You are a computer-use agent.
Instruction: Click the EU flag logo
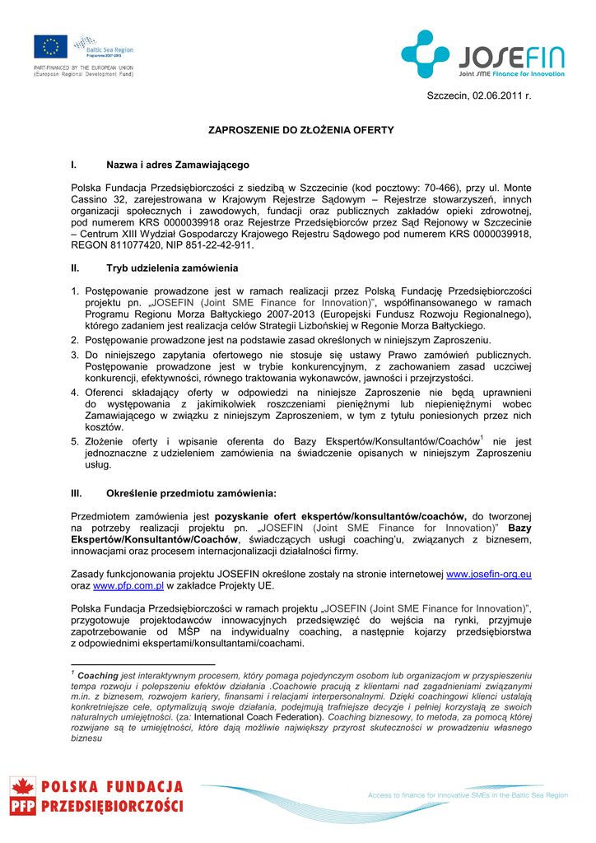coord(50,47)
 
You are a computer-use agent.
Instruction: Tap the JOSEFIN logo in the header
coord(483,55)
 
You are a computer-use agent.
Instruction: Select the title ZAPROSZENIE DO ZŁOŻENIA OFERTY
coord(300,130)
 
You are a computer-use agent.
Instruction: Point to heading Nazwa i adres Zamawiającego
coord(178,165)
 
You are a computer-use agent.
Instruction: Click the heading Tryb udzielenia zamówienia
coord(172,268)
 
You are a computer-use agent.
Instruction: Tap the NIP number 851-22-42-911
coord(218,245)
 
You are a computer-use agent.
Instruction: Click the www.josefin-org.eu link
coord(488,573)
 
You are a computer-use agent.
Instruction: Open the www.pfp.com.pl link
coord(129,585)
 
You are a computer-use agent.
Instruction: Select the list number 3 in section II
coord(75,354)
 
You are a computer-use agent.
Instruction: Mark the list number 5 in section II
coord(75,441)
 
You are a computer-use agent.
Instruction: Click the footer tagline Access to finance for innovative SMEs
coord(467,795)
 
